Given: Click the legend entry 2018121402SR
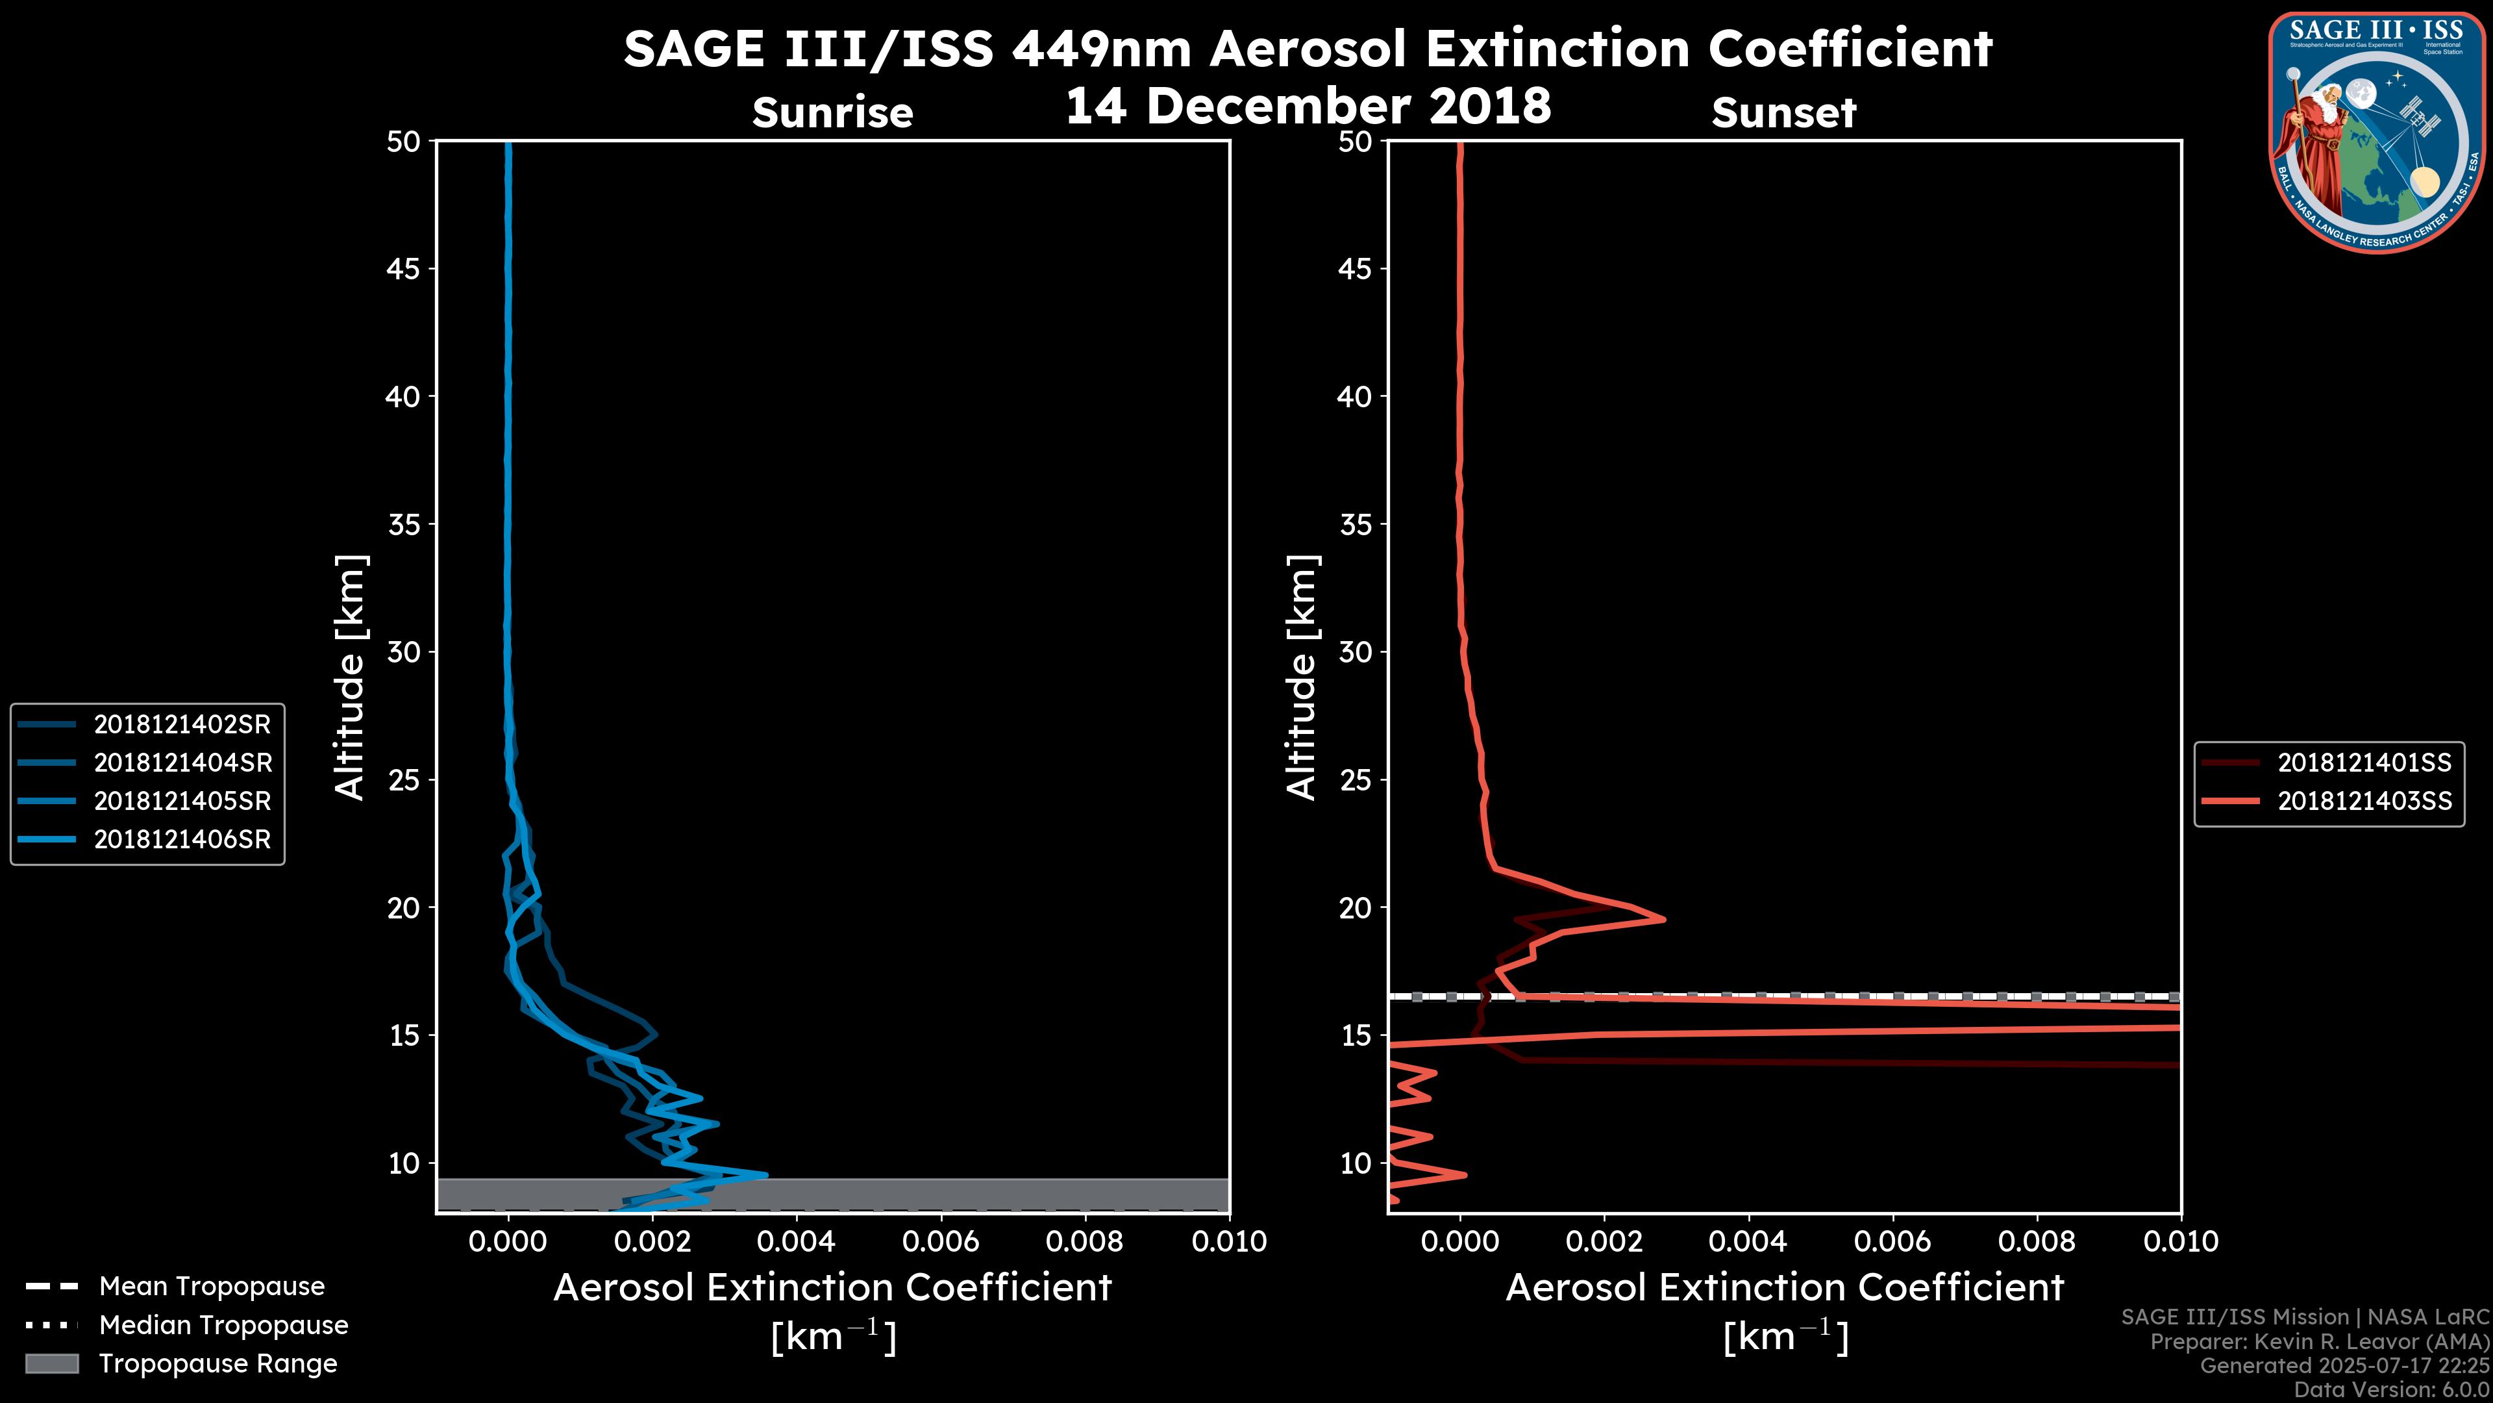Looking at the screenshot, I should pos(182,724).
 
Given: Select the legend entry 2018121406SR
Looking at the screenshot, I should pos(182,839).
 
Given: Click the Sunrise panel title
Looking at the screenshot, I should pos(832,113).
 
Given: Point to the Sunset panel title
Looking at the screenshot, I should pos(1783,113).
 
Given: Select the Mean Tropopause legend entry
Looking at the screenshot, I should pos(212,1287).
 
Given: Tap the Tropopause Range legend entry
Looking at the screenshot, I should pos(217,1364).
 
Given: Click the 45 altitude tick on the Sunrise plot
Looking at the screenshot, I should pos(404,269).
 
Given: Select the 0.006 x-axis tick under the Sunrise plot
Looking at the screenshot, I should pos(941,1241).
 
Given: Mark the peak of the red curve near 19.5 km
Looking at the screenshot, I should pos(1663,919).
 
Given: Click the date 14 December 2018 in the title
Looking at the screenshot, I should pos(1308,105).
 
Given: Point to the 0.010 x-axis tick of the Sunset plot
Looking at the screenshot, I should pos(2181,1241).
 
